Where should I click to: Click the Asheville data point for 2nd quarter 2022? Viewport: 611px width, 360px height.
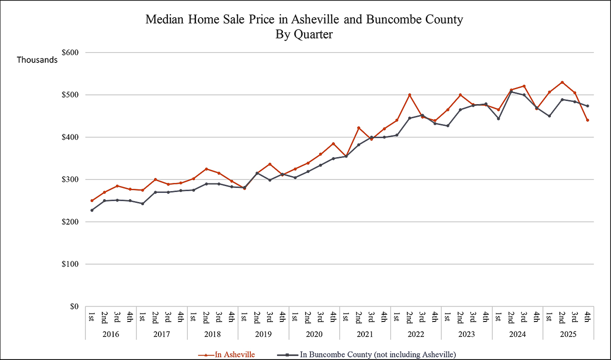pyautogui.click(x=410, y=95)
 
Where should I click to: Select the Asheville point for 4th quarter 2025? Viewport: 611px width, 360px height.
pyautogui.click(x=587, y=120)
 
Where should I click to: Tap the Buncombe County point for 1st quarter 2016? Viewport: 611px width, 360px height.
pyautogui.click(x=92, y=210)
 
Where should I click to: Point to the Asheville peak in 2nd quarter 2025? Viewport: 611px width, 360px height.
pyautogui.click(x=562, y=82)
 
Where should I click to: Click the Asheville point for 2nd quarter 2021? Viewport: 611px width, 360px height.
pyautogui.click(x=359, y=128)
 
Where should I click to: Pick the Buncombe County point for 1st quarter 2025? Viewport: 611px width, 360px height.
pyautogui.click(x=549, y=116)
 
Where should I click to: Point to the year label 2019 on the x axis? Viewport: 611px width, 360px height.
pyautogui.click(x=263, y=334)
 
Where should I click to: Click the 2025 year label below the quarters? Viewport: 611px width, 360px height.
pyautogui.click(x=568, y=334)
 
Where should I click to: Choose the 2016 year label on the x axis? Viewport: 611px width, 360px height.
pyautogui.click(x=111, y=334)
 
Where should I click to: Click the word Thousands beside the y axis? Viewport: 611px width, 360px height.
pyautogui.click(x=37, y=60)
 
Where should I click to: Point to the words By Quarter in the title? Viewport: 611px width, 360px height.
pyautogui.click(x=304, y=34)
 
